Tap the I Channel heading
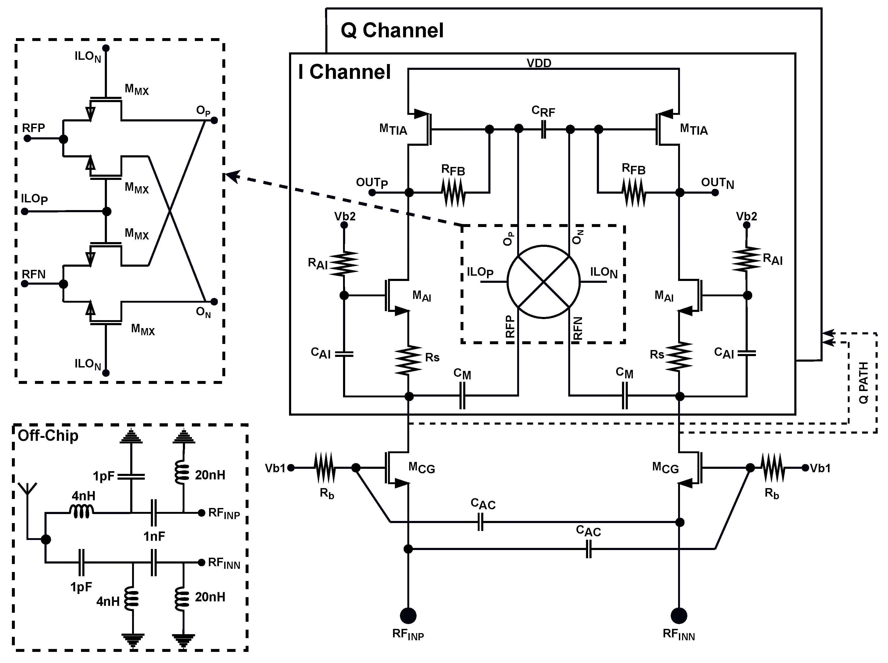(x=344, y=72)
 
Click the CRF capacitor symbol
(x=544, y=129)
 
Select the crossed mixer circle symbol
(x=544, y=282)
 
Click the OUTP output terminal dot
(x=372, y=193)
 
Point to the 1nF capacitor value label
(x=154, y=536)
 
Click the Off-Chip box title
(x=48, y=436)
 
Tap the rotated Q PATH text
(x=863, y=383)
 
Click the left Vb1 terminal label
(x=275, y=468)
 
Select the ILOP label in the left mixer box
(x=34, y=199)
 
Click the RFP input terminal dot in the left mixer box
(x=27, y=138)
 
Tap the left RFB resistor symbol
(x=453, y=193)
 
